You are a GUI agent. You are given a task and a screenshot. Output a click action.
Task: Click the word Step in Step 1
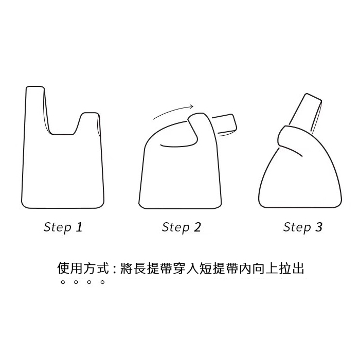58,227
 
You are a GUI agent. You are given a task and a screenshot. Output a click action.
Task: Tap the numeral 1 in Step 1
79,227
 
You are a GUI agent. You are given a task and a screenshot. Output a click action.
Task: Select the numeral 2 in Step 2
197,227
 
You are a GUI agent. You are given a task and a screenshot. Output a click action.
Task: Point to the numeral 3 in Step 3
319,227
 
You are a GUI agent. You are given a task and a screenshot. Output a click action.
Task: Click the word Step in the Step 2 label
176,227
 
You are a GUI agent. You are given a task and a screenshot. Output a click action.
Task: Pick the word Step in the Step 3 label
297,227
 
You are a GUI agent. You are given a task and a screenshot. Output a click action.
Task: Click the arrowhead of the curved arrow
191,106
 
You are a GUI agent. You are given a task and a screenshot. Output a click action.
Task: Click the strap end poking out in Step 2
225,124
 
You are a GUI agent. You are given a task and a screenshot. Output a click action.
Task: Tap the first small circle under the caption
63,282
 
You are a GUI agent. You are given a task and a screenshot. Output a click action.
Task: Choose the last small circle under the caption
103,282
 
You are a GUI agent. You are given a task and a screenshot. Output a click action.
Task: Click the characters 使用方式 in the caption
83,268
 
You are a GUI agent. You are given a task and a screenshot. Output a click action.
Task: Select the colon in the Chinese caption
115,268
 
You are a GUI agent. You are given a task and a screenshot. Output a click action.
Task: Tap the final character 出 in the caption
298,268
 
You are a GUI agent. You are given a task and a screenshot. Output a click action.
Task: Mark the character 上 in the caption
272,268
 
